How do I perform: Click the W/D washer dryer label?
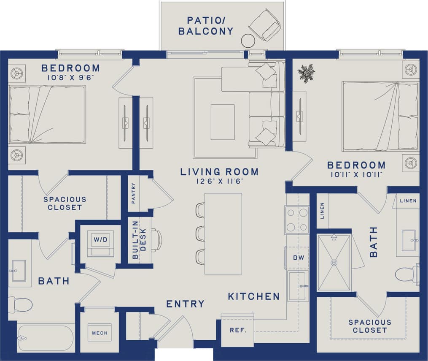pos(100,239)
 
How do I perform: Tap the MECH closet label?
pos(100,333)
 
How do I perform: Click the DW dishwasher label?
pos(298,257)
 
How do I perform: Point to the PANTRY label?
pos(134,193)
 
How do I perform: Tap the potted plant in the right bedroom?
pos(306,73)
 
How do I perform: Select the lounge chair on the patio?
pos(265,25)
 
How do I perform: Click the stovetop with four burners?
pos(297,220)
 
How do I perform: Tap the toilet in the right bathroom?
pos(406,274)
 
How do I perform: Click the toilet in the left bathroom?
pos(21,304)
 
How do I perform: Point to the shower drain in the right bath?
pos(334,263)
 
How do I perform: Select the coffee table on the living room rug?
pos(223,122)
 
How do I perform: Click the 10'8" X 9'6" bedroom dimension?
pos(70,77)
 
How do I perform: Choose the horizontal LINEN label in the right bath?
pos(408,201)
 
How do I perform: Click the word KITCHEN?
pos(253,296)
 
